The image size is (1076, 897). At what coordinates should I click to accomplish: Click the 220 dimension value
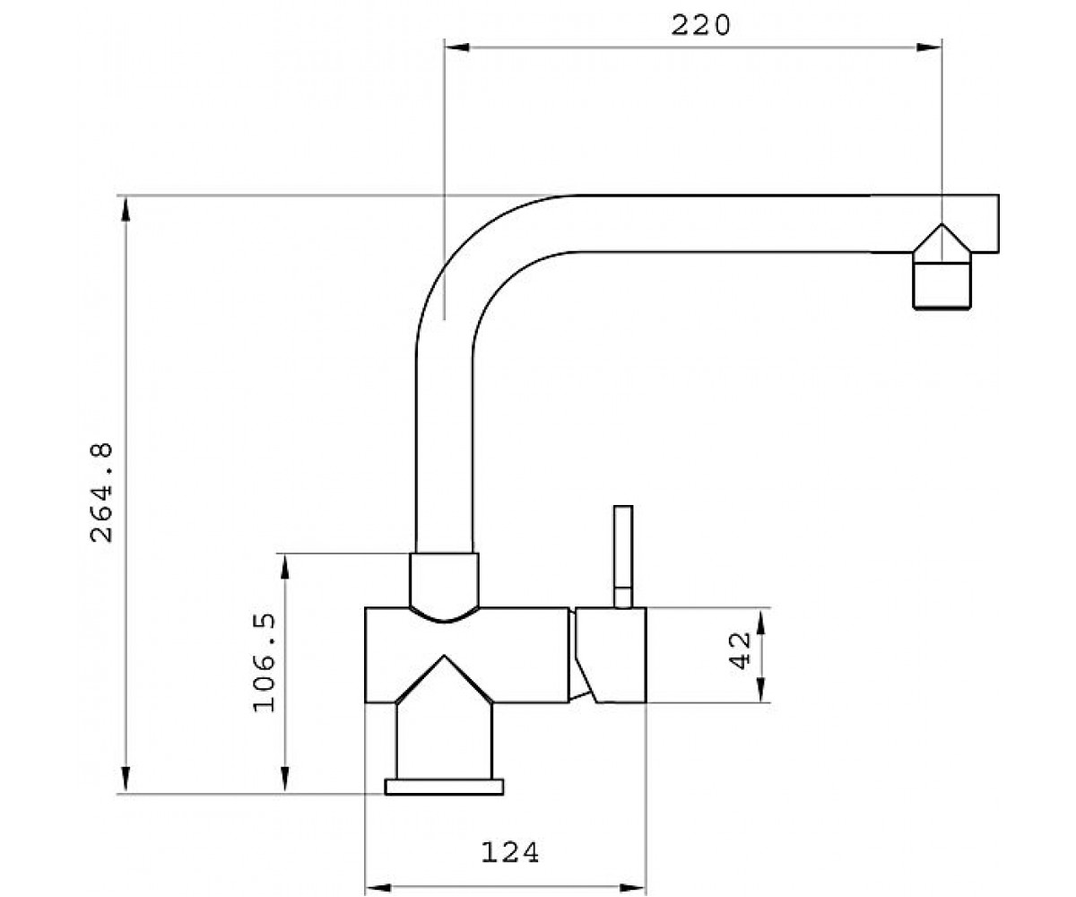coord(700,25)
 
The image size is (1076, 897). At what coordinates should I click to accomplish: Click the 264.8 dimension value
coord(101,492)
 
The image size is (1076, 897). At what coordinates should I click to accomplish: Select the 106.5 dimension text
coord(265,663)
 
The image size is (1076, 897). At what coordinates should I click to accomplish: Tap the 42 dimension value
coord(741,651)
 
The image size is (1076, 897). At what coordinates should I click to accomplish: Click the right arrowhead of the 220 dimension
coord(929,48)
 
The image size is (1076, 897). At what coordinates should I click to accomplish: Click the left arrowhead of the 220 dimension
coord(457,48)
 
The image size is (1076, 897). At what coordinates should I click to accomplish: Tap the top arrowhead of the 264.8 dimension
coord(126,208)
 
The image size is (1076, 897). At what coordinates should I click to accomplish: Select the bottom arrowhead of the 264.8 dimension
coord(126,780)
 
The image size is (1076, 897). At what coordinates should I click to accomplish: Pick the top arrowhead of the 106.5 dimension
coord(285,567)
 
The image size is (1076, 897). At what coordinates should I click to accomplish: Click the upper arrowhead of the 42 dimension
coord(761,621)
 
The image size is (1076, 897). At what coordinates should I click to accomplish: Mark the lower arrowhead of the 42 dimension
coord(761,689)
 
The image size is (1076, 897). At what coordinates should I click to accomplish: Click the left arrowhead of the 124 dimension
coord(377,888)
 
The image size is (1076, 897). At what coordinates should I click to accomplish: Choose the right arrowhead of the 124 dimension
coord(633,888)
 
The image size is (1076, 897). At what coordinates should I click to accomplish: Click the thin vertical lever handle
coord(623,557)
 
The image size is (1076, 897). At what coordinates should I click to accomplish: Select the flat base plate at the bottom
coord(444,787)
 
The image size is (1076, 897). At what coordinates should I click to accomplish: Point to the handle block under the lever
coord(611,655)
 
